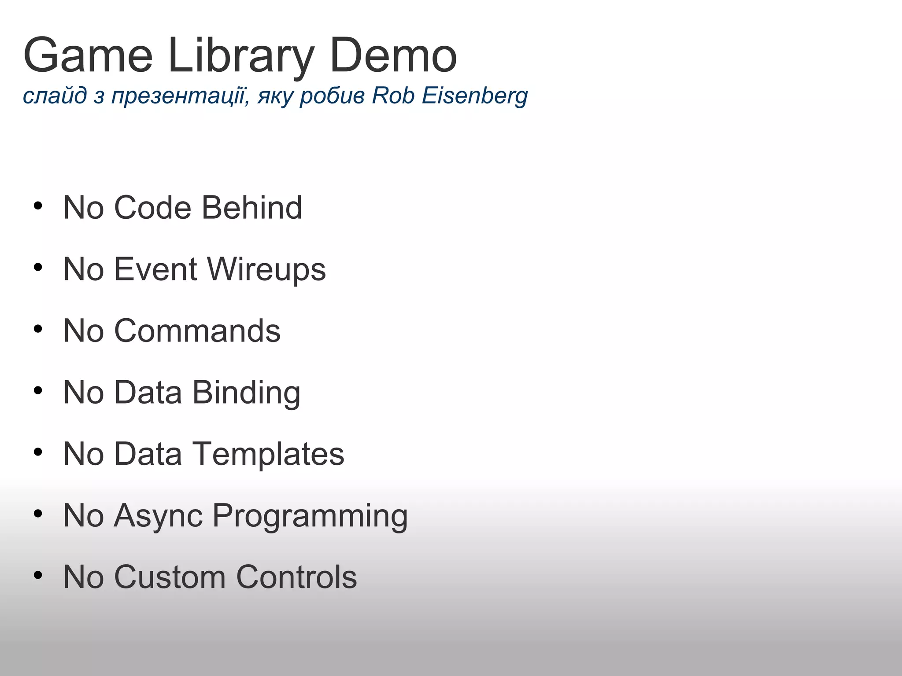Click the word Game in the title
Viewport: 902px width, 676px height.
[88, 56]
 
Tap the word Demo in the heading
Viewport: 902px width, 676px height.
[393, 56]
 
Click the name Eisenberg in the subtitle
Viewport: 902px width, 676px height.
[474, 96]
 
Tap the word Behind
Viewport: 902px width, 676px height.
[252, 207]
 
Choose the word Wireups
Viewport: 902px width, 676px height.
[266, 269]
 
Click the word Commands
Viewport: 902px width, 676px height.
[197, 331]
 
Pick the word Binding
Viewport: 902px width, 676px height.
[246, 393]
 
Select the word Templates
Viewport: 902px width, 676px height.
[269, 454]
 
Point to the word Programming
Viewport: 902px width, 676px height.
[310, 516]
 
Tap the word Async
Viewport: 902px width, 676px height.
[158, 516]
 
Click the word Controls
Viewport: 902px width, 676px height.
[296, 577]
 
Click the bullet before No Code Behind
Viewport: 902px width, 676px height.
[38, 206]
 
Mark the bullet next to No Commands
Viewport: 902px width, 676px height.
[38, 329]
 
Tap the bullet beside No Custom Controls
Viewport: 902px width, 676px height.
[38, 576]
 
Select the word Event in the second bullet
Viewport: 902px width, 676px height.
[155, 269]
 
